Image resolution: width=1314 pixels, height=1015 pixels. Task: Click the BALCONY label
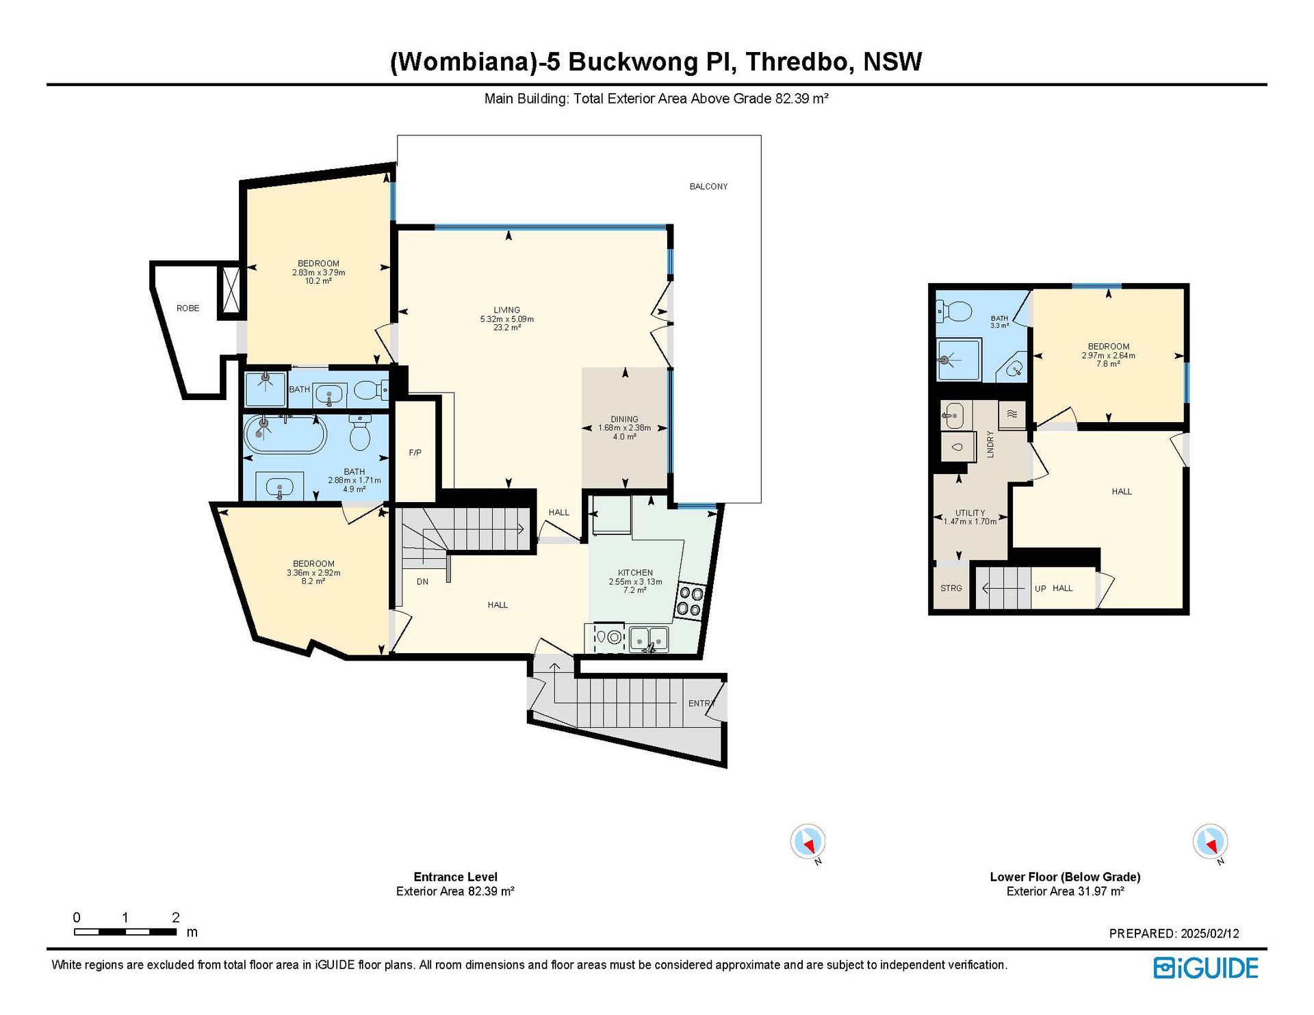tap(708, 186)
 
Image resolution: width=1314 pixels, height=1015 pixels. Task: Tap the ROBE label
tap(188, 308)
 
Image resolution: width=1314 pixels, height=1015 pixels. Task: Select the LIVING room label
tap(506, 310)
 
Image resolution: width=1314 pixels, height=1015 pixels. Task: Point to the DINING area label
tap(624, 419)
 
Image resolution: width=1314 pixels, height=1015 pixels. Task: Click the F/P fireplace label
tap(415, 453)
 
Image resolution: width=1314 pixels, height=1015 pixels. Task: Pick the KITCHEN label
tap(635, 572)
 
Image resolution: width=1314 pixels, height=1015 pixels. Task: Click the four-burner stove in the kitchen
tap(690, 601)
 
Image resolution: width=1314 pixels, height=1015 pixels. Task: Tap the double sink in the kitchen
tap(649, 638)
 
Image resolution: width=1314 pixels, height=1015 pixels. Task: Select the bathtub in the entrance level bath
tap(285, 434)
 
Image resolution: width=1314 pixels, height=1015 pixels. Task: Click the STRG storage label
tap(951, 588)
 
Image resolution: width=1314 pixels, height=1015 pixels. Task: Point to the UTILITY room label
tap(970, 513)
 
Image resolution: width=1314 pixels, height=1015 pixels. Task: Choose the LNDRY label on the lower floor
tap(990, 444)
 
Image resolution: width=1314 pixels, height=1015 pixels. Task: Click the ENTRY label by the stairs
tap(701, 703)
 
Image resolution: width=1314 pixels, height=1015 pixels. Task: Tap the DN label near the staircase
tap(422, 582)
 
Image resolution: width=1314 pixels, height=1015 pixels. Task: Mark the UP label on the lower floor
tap(1040, 588)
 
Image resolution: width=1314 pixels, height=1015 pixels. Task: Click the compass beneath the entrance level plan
tap(808, 842)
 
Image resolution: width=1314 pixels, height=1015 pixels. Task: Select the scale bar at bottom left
tap(125, 932)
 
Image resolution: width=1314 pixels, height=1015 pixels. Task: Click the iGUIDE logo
tap(1206, 968)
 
